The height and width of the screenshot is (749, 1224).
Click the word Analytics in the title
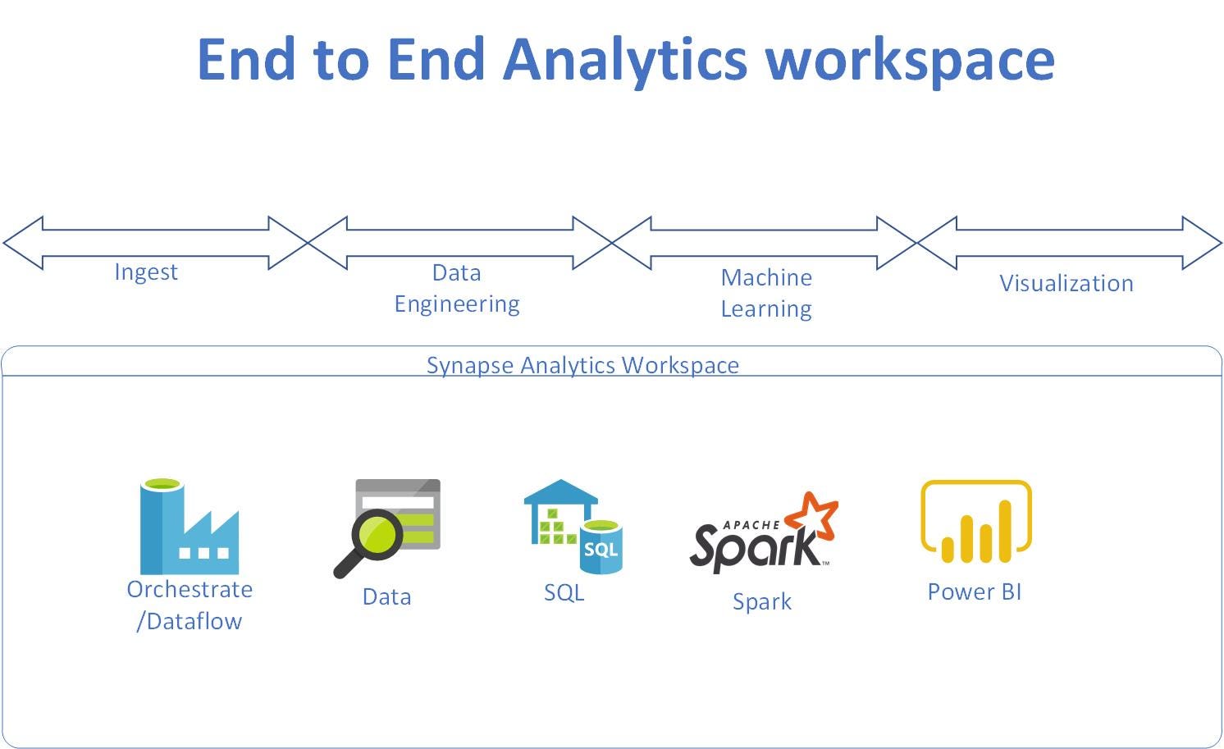pos(625,61)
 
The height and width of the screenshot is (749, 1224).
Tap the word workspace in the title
pos(910,61)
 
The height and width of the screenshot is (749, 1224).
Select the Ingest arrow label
pos(146,272)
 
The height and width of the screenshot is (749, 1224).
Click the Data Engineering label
pos(457,289)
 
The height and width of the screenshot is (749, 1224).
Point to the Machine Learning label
pos(766,293)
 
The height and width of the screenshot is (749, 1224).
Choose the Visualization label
pos(1066,284)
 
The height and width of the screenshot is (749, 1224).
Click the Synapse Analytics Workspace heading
pos(582,365)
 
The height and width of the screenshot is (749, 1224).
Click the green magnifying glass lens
pos(377,534)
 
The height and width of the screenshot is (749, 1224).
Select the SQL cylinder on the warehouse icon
pos(601,547)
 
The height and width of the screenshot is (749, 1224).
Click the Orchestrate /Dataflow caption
pos(190,605)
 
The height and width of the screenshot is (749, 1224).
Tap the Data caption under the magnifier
pos(386,597)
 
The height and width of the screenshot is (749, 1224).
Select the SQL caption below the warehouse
pos(564,593)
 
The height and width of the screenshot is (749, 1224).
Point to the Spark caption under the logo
pos(762,602)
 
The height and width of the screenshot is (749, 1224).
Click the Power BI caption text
pos(975,592)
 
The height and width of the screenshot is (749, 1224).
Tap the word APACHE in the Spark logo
pos(751,525)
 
